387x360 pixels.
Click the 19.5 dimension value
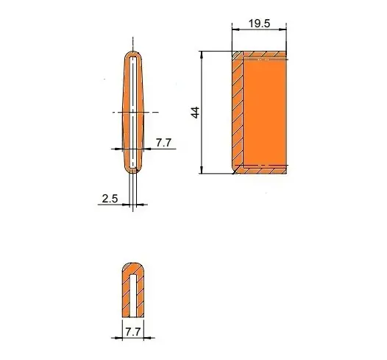pyautogui.click(x=258, y=24)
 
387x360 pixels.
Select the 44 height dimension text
pyautogui.click(x=194, y=113)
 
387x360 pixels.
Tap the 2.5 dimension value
pyautogui.click(x=110, y=199)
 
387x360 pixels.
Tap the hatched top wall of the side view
pyautogui.click(x=261, y=56)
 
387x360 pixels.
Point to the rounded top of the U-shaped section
pyautogui.click(x=133, y=267)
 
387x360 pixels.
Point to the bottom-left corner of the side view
pyautogui.click(x=234, y=172)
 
